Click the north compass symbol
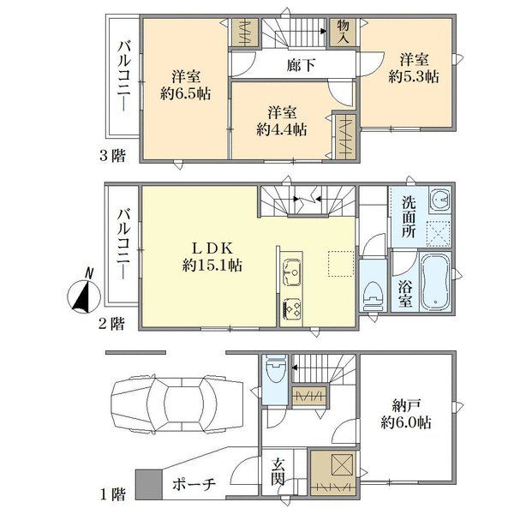pos(84,293)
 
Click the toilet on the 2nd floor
pos(373,296)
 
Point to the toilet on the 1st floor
pos(275,369)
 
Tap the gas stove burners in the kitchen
pos(291,308)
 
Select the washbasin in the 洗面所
pos(440,199)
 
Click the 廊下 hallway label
pos(301,64)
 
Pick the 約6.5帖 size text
pos(186,93)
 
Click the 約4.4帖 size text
pos(282,130)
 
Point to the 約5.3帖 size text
pos(414,76)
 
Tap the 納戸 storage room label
pos(406,406)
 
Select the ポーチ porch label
pos(194,484)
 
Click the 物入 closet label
pos(343,32)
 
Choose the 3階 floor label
pos(112,155)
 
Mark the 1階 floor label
pos(112,494)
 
